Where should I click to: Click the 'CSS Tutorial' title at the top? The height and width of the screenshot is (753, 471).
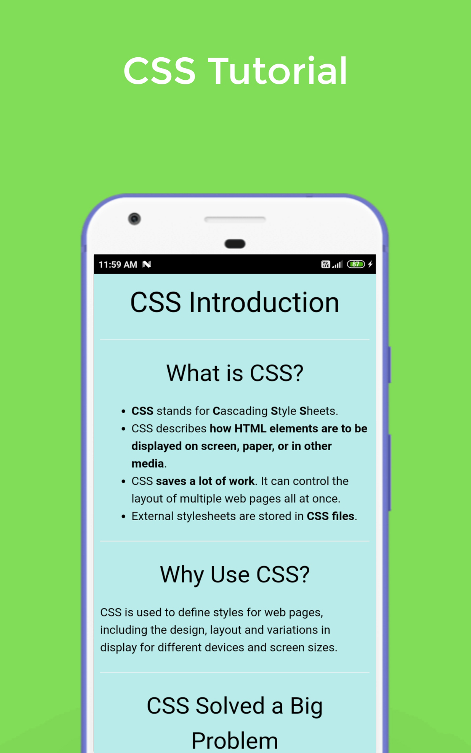[235, 71]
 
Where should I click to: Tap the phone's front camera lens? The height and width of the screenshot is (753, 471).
[134, 219]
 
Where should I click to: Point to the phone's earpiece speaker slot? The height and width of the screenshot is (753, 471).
[235, 219]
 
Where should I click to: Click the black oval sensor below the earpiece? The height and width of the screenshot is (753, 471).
[235, 244]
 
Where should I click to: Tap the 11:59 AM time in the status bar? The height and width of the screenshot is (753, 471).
[118, 264]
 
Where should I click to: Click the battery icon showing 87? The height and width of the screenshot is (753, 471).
[356, 264]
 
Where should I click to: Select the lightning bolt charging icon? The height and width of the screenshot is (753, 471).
[370, 264]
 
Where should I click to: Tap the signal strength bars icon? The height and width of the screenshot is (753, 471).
[337, 264]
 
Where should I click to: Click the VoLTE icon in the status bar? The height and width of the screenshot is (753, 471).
[325, 264]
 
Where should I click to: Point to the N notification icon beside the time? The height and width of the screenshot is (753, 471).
[147, 264]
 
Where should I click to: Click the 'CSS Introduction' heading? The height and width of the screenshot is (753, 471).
[235, 302]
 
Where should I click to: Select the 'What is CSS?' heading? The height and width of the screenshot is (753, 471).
[235, 373]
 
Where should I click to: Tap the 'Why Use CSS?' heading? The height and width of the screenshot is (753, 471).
[235, 574]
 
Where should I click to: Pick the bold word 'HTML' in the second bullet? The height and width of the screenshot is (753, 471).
[250, 429]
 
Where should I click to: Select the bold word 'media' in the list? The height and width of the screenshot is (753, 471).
[148, 464]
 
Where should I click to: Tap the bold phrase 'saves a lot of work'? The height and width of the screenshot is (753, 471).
[205, 481]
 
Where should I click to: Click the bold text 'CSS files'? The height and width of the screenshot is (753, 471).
[331, 516]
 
